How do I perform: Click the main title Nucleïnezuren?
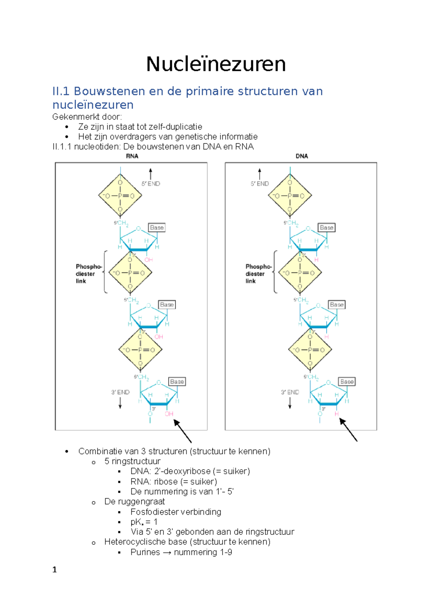tap(216, 64)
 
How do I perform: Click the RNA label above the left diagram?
tap(132, 156)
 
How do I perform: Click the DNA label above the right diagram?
tap(302, 156)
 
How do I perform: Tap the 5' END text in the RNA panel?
tap(151, 184)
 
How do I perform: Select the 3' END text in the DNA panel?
tap(290, 392)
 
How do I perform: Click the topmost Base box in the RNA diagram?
tap(157, 227)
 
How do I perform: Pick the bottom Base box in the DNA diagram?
tap(347, 381)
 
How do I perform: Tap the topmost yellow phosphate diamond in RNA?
tap(120, 196)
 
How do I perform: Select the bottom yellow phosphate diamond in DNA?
tap(310, 349)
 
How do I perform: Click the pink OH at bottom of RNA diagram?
tap(169, 414)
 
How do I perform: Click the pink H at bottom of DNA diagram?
tap(337, 414)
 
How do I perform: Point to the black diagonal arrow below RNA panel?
tap(183, 431)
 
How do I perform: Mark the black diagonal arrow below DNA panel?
tap(348, 430)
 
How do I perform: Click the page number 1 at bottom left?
tap(55, 570)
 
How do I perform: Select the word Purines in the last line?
tap(145, 552)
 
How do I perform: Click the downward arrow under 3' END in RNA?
tap(120, 404)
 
